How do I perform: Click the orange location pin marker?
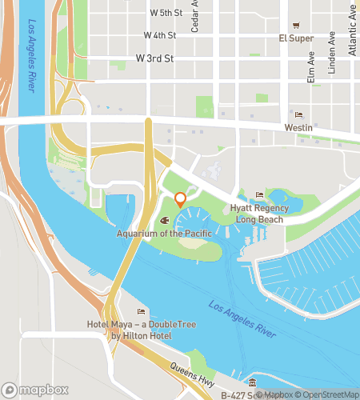pyautogui.click(x=180, y=200)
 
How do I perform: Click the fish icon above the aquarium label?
pyautogui.click(x=164, y=220)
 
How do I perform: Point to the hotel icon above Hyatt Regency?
pyautogui.click(x=258, y=195)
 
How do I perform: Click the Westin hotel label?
pyautogui.click(x=298, y=127)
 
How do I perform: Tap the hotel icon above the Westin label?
pyautogui.click(x=298, y=114)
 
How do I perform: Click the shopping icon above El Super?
pyautogui.click(x=295, y=25)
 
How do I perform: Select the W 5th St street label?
pyautogui.click(x=166, y=13)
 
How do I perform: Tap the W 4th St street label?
pyautogui.click(x=159, y=35)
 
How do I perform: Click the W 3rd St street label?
pyautogui.click(x=154, y=58)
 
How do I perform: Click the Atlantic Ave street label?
pyautogui.click(x=353, y=32)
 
